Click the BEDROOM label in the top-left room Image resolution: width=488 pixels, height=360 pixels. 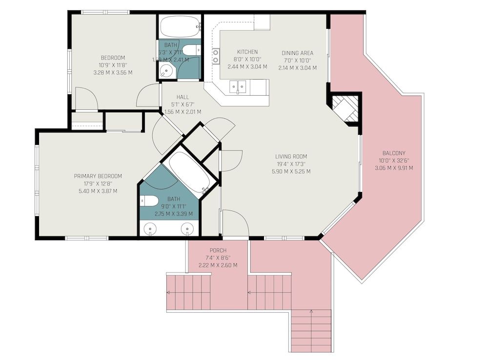[x=113, y=57]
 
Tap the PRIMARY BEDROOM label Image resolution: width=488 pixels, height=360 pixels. [x=98, y=176]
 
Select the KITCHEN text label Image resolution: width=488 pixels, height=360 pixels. [x=247, y=52]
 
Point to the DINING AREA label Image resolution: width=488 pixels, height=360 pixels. [x=297, y=53]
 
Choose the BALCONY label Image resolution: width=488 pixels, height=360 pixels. [x=394, y=153]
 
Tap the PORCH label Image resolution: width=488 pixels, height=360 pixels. [x=218, y=251]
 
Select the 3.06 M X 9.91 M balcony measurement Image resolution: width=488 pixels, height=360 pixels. [x=394, y=168]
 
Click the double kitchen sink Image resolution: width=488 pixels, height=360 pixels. [x=238, y=87]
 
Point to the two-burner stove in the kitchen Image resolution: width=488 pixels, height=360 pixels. [x=215, y=56]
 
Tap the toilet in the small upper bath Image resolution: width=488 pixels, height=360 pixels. [x=194, y=50]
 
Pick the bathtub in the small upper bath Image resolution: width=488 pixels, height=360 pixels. [x=180, y=26]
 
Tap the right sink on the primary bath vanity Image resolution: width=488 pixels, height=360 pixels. [x=187, y=228]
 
